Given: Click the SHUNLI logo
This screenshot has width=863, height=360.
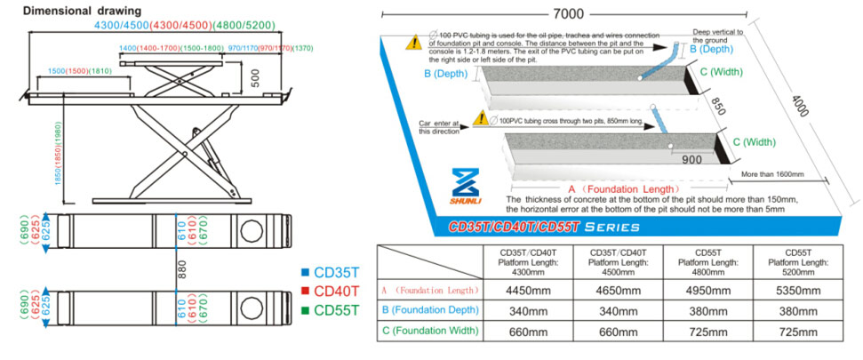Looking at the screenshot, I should click(467, 186).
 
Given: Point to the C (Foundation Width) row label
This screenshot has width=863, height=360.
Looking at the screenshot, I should click(430, 331).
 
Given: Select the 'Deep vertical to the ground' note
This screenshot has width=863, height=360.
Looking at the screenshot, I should click(716, 35).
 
